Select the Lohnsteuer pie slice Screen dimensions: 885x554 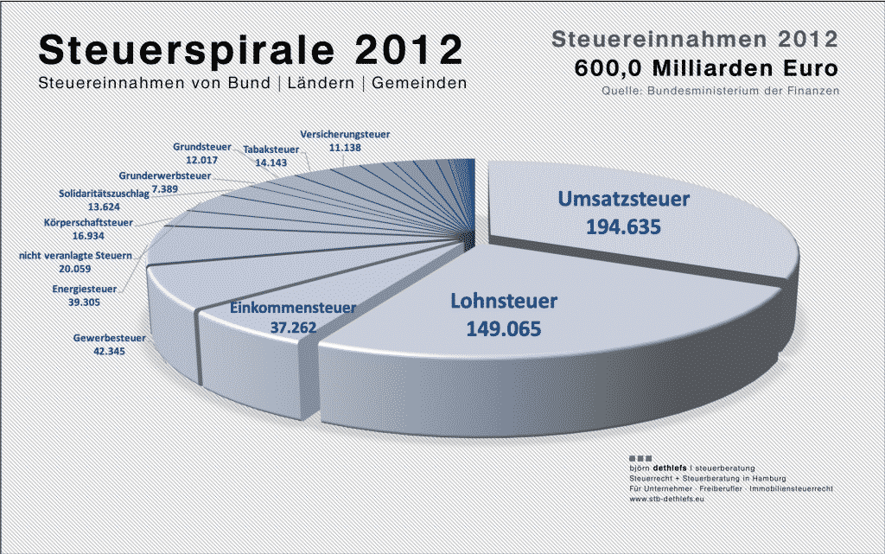pyautogui.click(x=542, y=339)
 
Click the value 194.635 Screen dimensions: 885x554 pyautogui.click(x=623, y=226)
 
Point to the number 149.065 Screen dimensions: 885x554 pyautogui.click(x=504, y=329)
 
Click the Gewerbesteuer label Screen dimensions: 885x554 pyautogui.click(x=110, y=338)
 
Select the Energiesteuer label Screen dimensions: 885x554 pyautogui.click(x=85, y=289)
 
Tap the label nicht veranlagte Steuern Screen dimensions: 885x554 pyautogui.click(x=76, y=256)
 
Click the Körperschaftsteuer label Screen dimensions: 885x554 pyautogui.click(x=89, y=222)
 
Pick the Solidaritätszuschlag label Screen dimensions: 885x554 pyautogui.click(x=105, y=194)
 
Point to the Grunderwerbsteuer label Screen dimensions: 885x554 pyautogui.click(x=165, y=175)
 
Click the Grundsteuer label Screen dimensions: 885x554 pyautogui.click(x=202, y=147)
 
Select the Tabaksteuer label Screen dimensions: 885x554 pyautogui.click(x=271, y=150)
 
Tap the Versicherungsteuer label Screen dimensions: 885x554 pyautogui.click(x=345, y=134)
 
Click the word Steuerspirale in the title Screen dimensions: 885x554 pyautogui.click(x=188, y=49)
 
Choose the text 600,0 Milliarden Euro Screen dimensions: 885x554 pyautogui.click(x=707, y=68)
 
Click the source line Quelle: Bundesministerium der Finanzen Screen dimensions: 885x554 pyautogui.click(x=721, y=91)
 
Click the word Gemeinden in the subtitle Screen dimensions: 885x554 pyautogui.click(x=419, y=83)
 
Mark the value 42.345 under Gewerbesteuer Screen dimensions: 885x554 pyautogui.click(x=110, y=351)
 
